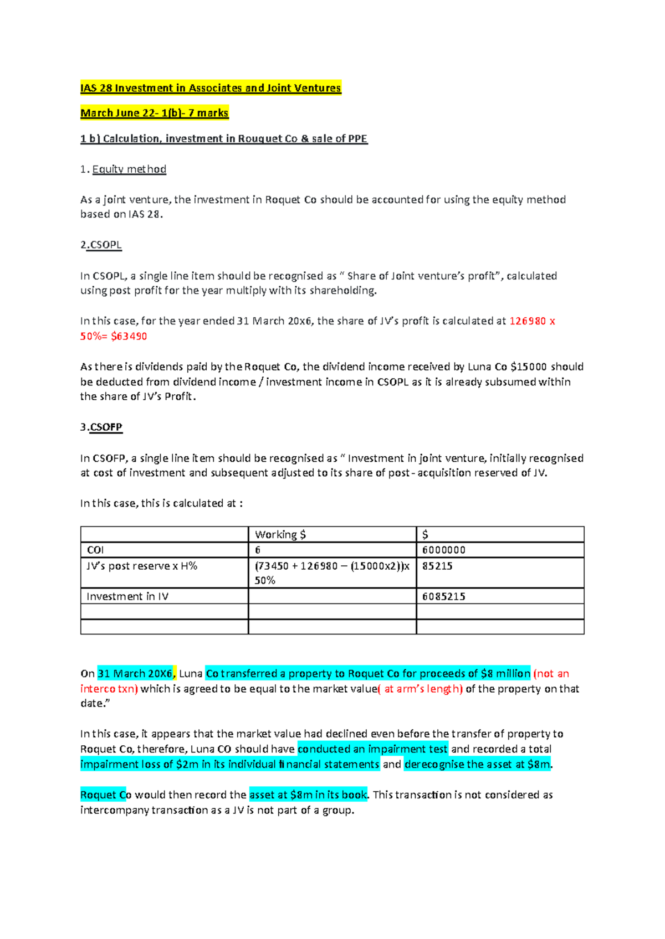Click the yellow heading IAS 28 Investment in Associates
pos(211,88)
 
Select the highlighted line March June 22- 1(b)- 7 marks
pos(154,113)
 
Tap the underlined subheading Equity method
pos(129,169)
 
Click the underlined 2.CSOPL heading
pos(101,245)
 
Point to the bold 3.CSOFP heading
pos(101,427)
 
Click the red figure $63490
pos(129,336)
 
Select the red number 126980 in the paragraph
pos(528,321)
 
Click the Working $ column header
pos(280,535)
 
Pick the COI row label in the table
pos(95,550)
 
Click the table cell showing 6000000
pos(444,550)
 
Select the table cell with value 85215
pos(437,566)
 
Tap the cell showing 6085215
pos(444,596)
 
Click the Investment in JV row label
pos(127,596)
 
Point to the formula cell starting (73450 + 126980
pos(331,566)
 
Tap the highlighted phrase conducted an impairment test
pos(372,749)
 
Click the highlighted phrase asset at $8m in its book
pos(308,795)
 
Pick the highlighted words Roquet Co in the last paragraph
pos(105,795)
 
